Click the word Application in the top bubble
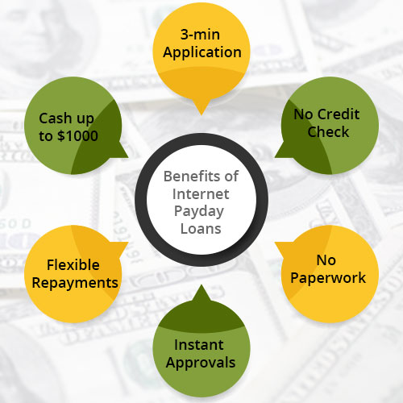click(202, 52)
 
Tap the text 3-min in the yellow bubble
click(200, 35)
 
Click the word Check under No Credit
click(328, 132)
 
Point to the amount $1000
click(77, 135)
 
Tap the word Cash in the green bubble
click(56, 118)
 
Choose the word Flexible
click(73, 265)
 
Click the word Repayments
click(75, 284)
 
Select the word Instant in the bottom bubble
click(199, 345)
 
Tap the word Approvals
click(201, 364)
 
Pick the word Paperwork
click(328, 278)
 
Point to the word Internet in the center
click(201, 194)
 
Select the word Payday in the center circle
click(199, 212)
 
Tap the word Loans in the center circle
click(201, 229)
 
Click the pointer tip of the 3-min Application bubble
click(201, 115)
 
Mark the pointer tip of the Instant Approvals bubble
click(201, 285)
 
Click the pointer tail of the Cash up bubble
click(128, 157)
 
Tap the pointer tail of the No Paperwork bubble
click(275, 243)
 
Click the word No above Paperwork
click(326, 260)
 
